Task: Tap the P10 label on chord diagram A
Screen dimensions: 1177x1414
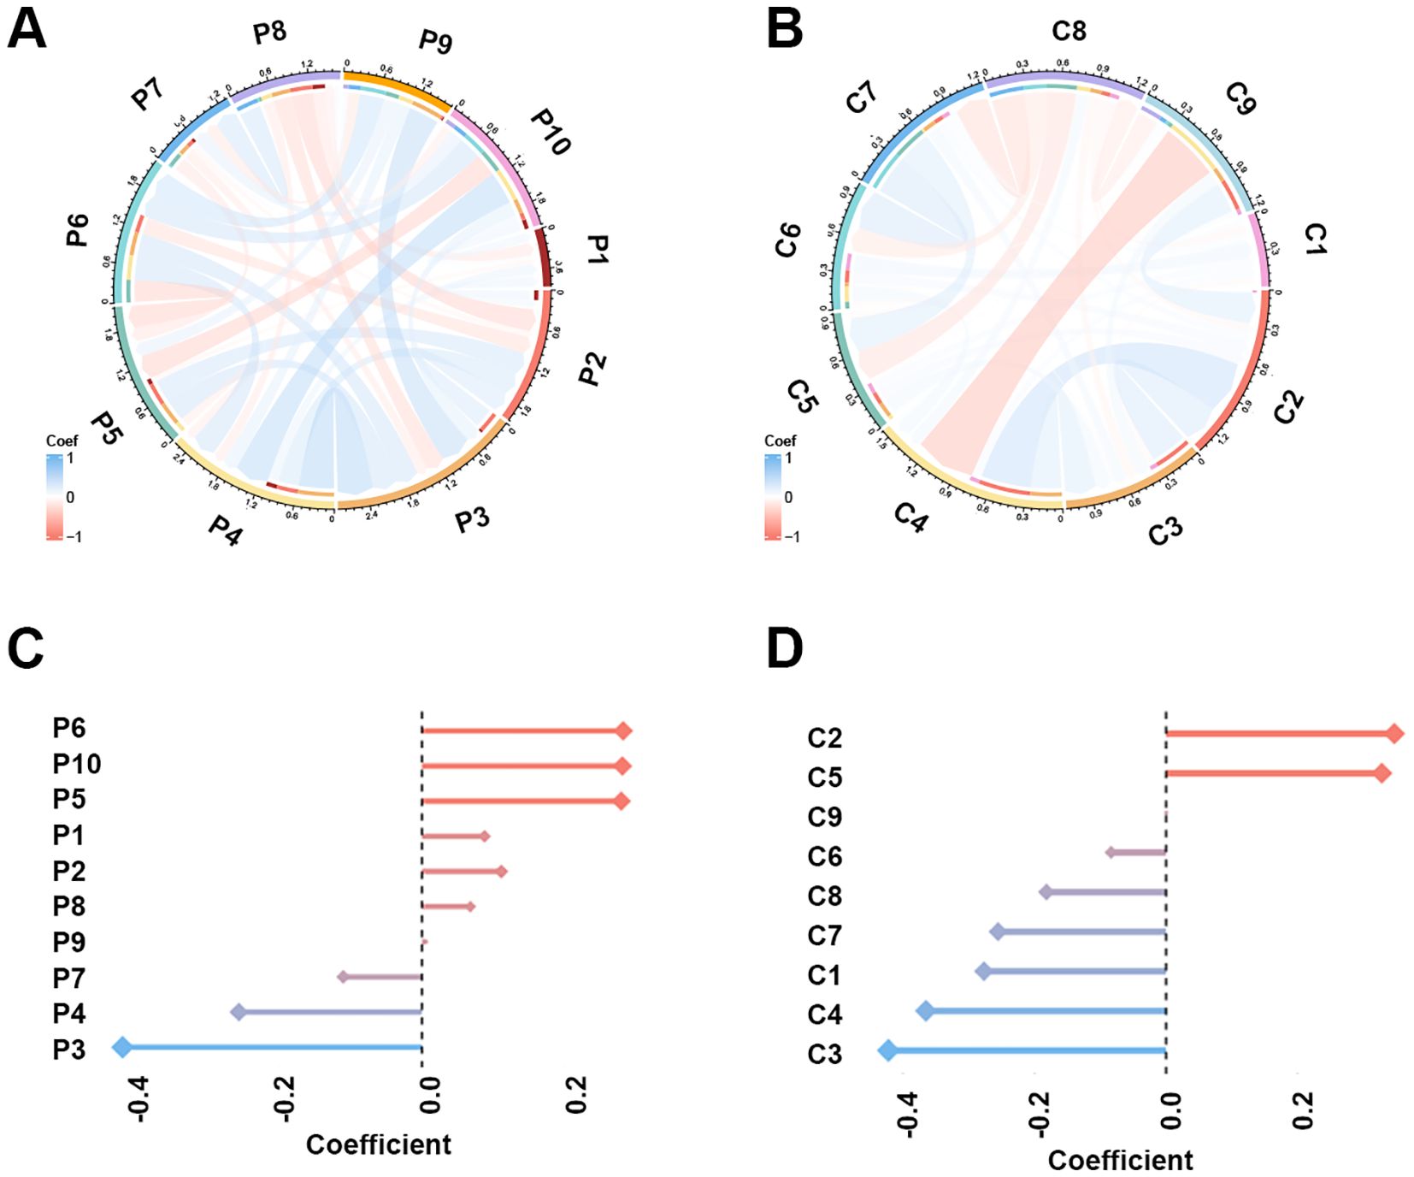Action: (551, 132)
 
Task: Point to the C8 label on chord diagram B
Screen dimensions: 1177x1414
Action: (1069, 31)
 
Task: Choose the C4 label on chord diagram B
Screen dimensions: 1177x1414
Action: (910, 517)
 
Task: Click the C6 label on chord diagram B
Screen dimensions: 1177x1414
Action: (788, 240)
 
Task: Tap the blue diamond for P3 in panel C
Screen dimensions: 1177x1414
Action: (122, 1047)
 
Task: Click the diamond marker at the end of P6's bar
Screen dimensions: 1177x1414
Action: (624, 730)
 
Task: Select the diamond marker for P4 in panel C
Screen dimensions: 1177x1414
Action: (239, 1013)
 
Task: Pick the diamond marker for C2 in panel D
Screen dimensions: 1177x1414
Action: (1395, 733)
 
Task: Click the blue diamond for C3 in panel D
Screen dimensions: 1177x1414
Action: (887, 1050)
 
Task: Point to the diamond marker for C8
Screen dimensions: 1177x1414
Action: (1046, 892)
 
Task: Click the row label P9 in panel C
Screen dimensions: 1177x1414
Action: (69, 942)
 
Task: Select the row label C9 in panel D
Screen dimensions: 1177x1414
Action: (824, 817)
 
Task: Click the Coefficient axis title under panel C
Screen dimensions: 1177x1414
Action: (378, 1144)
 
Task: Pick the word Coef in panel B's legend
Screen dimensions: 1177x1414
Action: (780, 441)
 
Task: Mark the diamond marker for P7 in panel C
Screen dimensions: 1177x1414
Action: (343, 977)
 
